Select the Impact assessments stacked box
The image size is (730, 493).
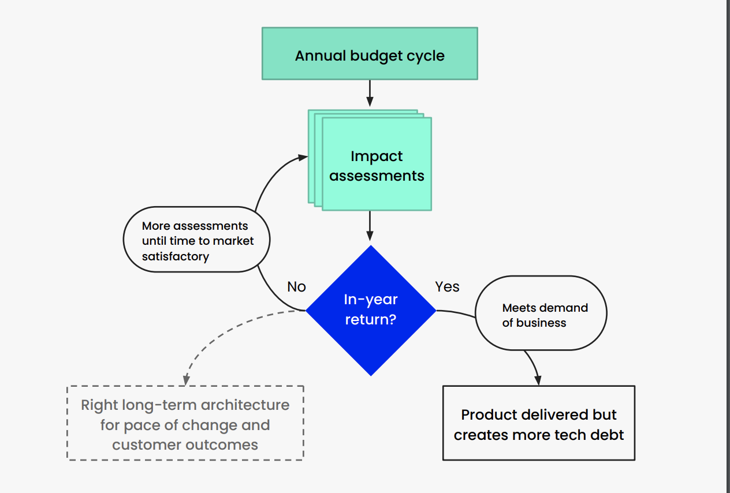pyautogui.click(x=377, y=165)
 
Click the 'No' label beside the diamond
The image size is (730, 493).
pyautogui.click(x=296, y=287)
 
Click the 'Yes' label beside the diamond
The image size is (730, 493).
pyautogui.click(x=447, y=287)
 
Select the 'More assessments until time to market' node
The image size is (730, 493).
pyautogui.click(x=197, y=239)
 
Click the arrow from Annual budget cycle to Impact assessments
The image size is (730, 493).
pyautogui.click(x=370, y=92)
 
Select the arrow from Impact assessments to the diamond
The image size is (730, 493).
pyautogui.click(x=370, y=225)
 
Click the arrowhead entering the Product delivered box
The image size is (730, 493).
pyautogui.click(x=538, y=380)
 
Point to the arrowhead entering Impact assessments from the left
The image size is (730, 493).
pyautogui.click(x=302, y=157)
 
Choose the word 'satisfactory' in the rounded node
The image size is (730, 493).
pyautogui.click(x=175, y=256)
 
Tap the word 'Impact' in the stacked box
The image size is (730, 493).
pyautogui.click(x=377, y=156)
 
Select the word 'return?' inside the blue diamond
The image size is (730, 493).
pyautogui.click(x=370, y=319)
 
